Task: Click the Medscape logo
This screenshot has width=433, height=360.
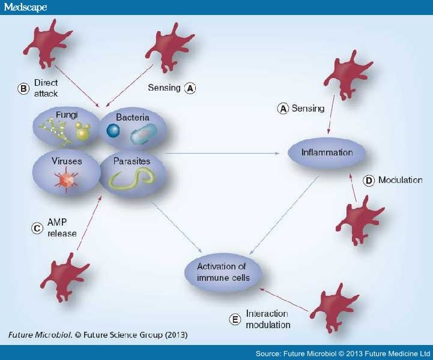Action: [x=25, y=7]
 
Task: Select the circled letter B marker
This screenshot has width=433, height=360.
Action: [x=23, y=89]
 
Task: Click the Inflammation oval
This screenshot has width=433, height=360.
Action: [x=327, y=152]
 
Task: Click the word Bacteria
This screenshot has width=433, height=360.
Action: [x=133, y=117]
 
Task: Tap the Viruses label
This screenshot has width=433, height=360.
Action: [x=67, y=161]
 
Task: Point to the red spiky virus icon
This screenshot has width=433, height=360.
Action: [x=67, y=180]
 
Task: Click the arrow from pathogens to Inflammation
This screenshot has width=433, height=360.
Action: [x=222, y=153]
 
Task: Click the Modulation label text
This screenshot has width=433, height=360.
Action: [x=401, y=180]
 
